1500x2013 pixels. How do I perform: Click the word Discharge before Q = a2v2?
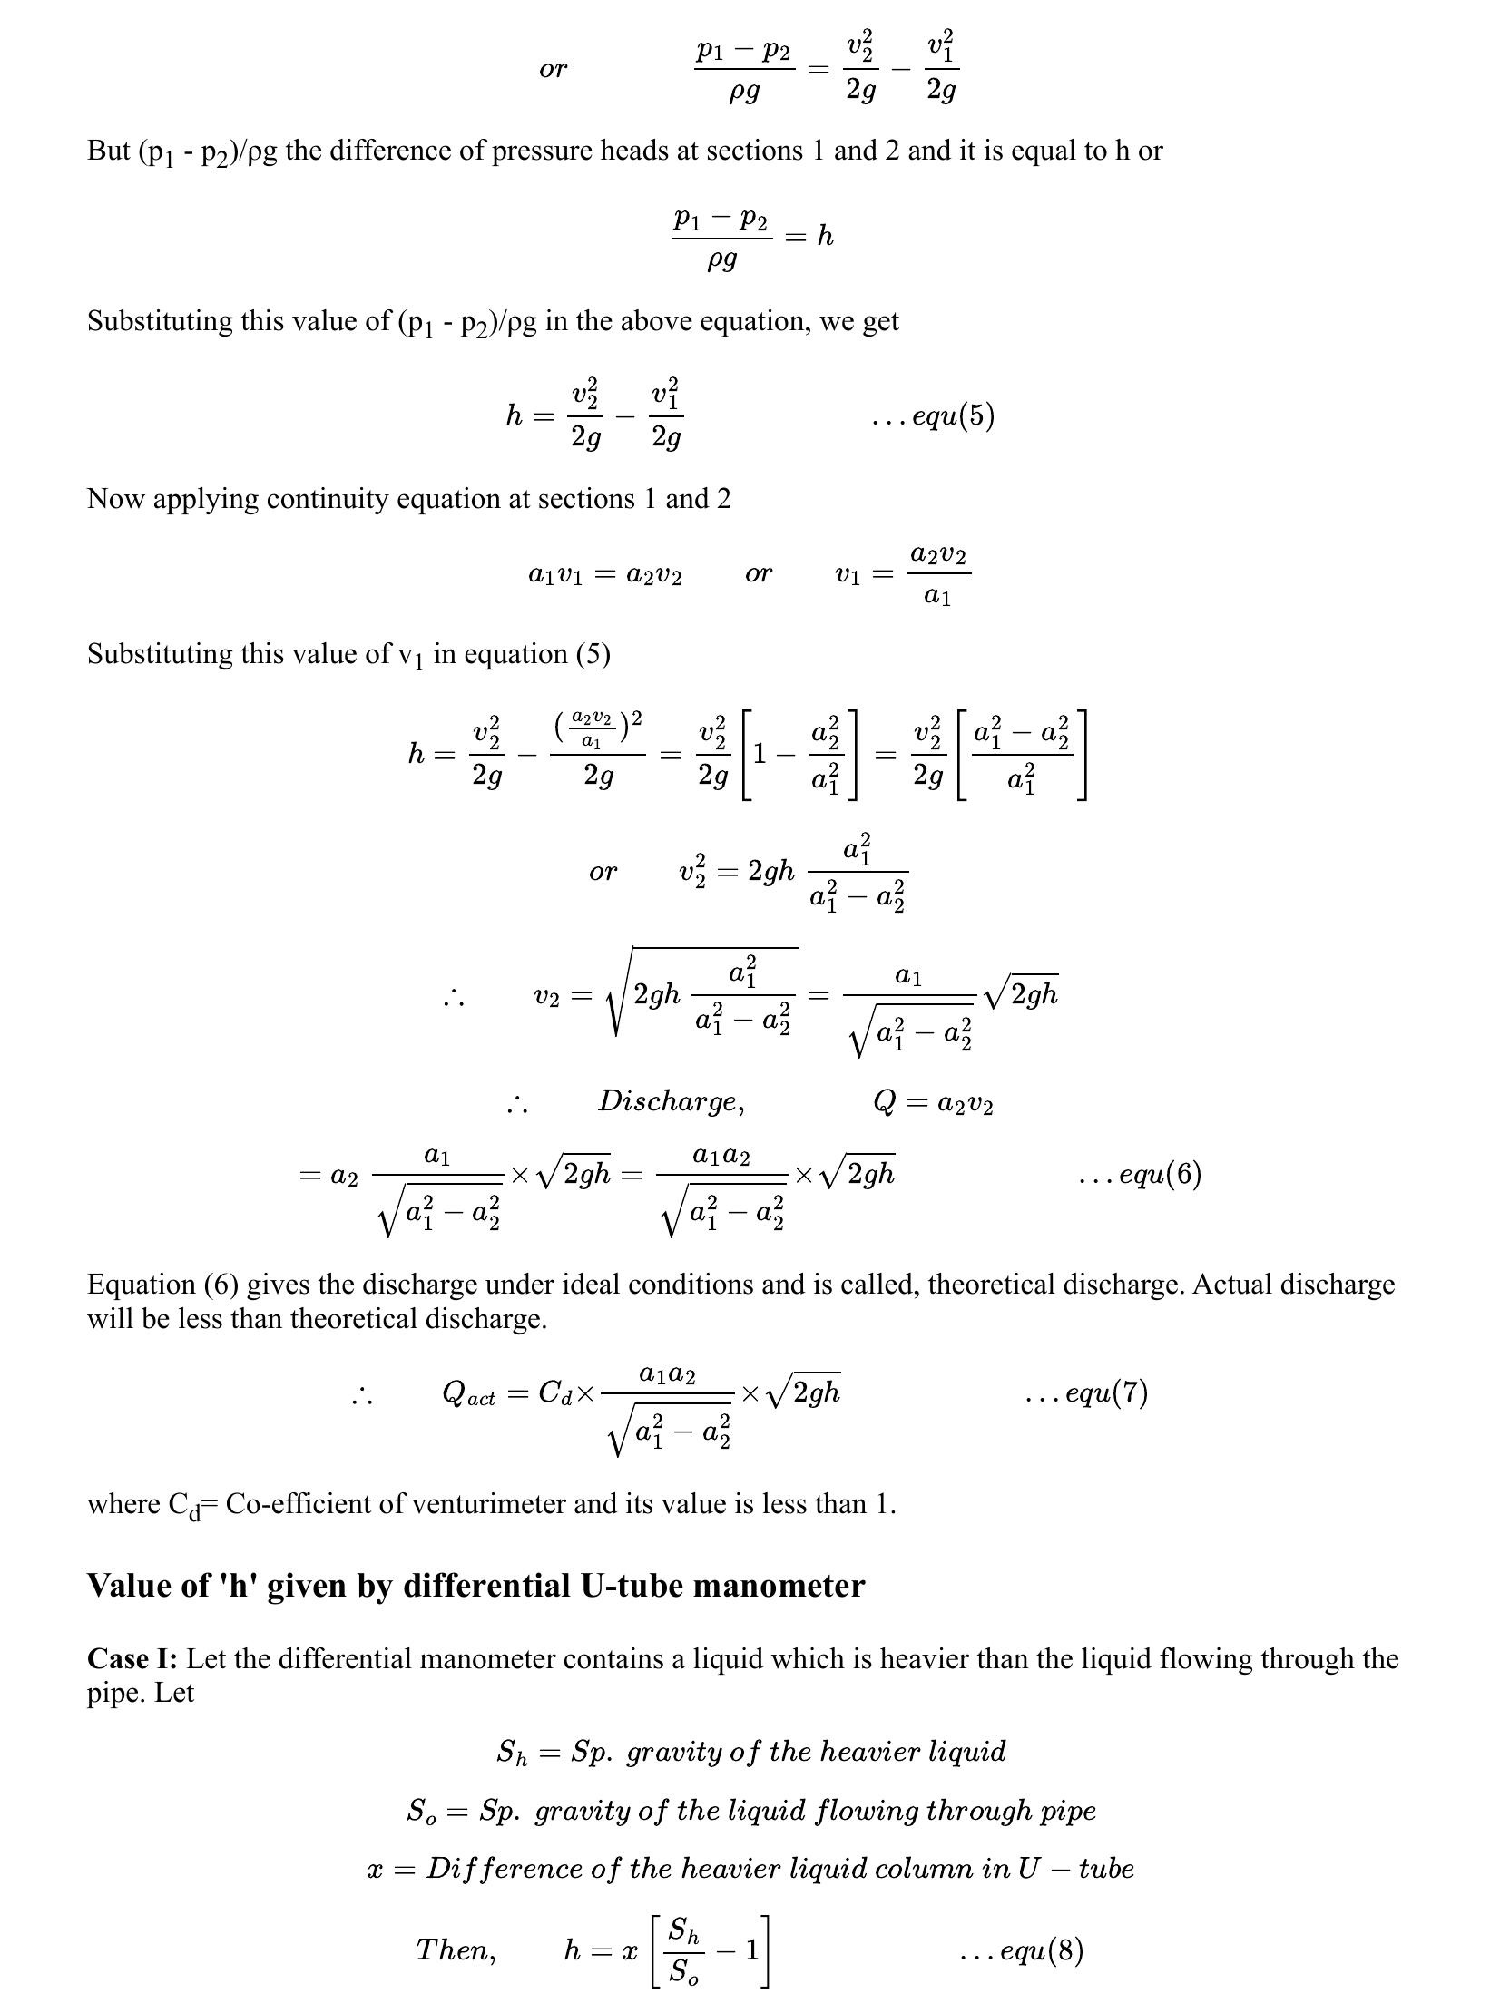click(670, 1102)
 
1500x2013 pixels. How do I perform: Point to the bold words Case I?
click(132, 1659)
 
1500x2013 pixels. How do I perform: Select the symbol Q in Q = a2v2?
click(885, 1103)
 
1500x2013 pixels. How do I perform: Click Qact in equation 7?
click(467, 1393)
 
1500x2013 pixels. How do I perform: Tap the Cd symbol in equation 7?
click(554, 1393)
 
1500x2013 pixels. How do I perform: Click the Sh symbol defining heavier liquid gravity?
click(511, 1753)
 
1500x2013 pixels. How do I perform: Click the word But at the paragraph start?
click(109, 151)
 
